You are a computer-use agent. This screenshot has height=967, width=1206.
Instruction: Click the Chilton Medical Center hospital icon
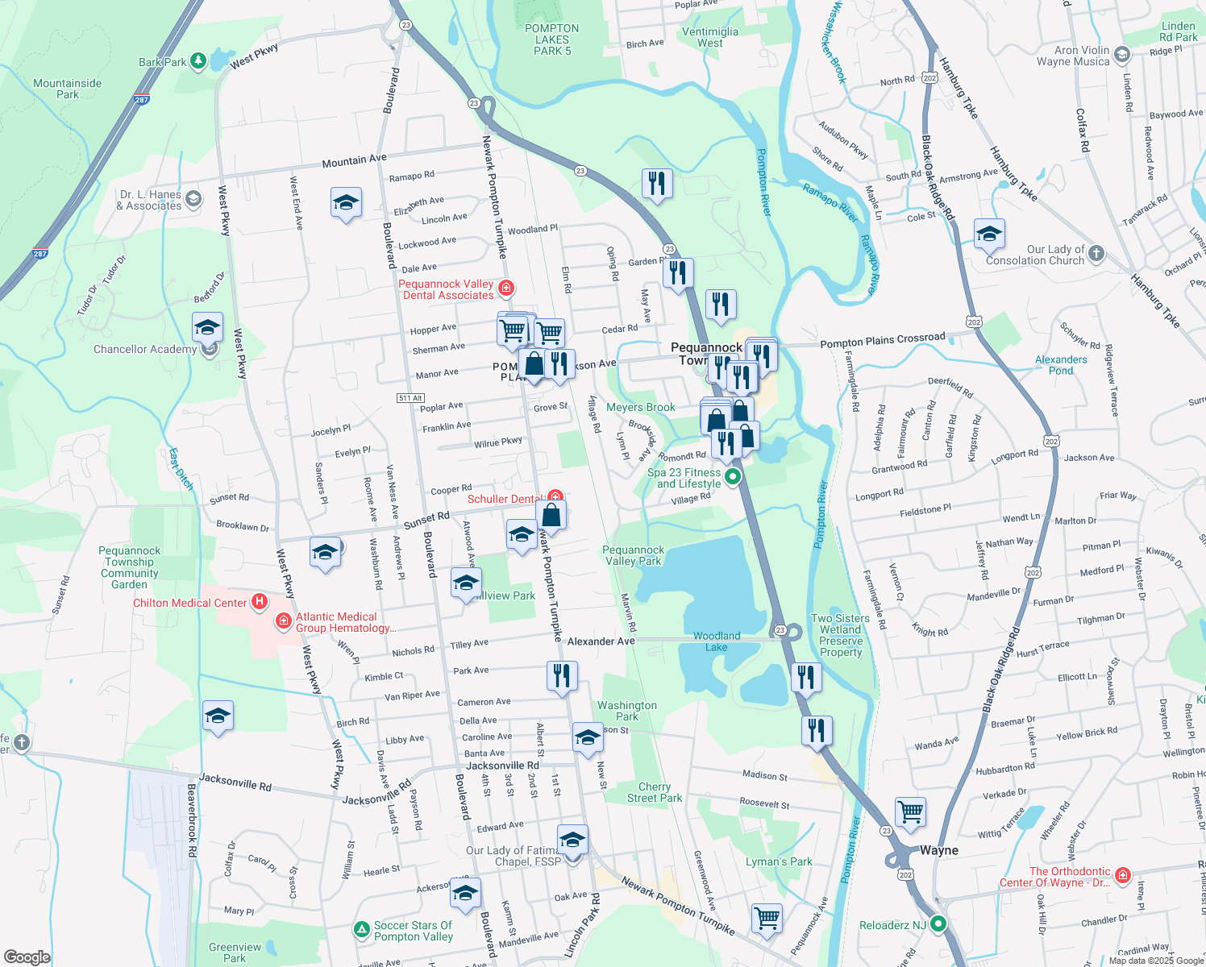[259, 601]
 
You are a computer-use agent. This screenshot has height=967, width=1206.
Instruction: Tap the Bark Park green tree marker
[198, 61]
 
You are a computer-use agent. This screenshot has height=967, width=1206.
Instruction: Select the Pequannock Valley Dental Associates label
[447, 290]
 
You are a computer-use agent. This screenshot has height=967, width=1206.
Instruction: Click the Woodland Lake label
[716, 641]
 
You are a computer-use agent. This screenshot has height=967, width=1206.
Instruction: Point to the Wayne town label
[939, 850]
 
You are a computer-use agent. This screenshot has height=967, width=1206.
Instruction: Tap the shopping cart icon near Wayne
[910, 811]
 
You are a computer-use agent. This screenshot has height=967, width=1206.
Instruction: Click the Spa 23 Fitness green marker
[733, 477]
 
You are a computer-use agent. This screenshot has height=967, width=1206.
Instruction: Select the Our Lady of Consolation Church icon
[1096, 254]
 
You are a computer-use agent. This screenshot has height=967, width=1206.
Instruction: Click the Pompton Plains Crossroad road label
[882, 340]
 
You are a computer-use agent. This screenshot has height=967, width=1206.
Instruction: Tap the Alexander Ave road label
[601, 641]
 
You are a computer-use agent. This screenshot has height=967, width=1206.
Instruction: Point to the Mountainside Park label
[68, 89]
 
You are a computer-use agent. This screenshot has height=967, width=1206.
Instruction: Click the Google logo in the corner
[27, 957]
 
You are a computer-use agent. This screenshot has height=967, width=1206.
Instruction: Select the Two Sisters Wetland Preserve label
[840, 636]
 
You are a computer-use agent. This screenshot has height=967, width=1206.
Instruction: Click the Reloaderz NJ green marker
[938, 924]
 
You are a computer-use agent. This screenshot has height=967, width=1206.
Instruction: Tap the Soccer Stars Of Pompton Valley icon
[362, 930]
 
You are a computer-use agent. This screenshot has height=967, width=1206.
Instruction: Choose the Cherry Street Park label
[655, 792]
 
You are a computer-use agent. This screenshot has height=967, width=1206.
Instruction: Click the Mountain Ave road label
[354, 161]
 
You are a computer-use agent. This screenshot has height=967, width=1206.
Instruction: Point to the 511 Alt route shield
[410, 398]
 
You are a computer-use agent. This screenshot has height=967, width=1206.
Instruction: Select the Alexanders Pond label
[1061, 365]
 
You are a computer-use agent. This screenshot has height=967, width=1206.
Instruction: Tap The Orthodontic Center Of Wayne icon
[1123, 875]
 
